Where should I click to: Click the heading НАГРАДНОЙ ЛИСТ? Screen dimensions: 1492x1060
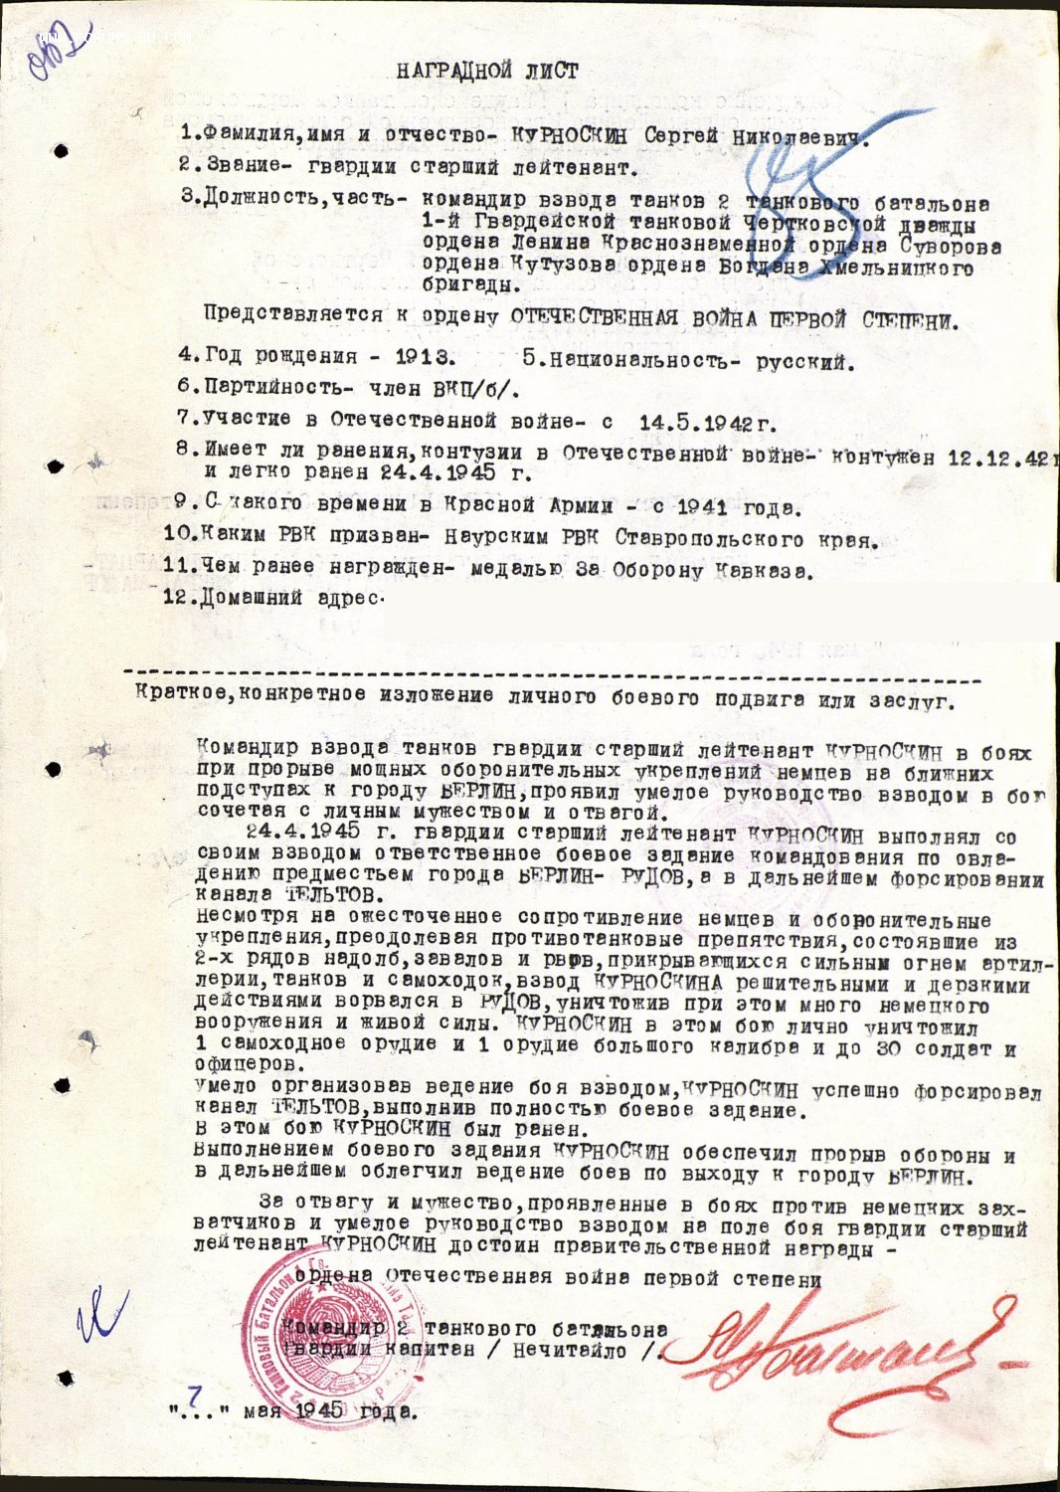(486, 72)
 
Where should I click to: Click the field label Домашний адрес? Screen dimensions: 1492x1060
(291, 600)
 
